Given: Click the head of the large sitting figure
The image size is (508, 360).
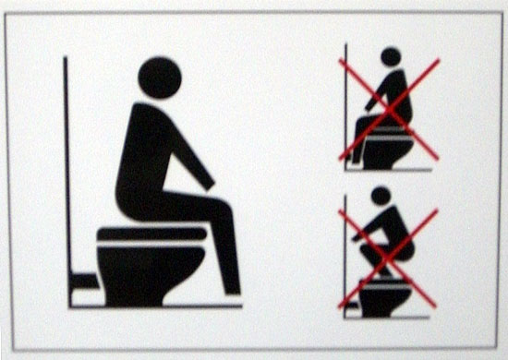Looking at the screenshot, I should [160, 78].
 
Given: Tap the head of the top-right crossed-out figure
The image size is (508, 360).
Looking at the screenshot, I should [391, 57].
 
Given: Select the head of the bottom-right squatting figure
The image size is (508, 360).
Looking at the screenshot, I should [380, 196].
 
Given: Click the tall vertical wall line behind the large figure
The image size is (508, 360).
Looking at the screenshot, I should [66, 166].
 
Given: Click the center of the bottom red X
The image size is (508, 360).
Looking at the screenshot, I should [387, 258].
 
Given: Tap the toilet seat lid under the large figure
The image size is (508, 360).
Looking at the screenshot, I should [152, 232].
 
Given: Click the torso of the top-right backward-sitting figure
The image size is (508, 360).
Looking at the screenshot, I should [393, 92].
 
